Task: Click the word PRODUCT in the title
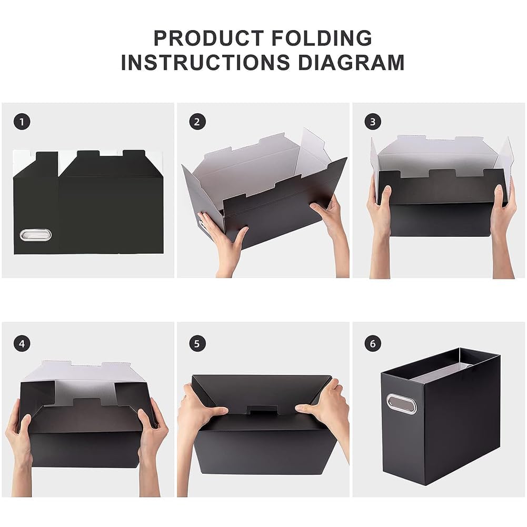pyautogui.click(x=208, y=38)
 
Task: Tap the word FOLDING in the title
pyautogui.click(x=322, y=38)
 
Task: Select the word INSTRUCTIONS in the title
pyautogui.click(x=205, y=63)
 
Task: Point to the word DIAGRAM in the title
pyautogui.click(x=351, y=63)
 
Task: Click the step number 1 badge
pyautogui.click(x=22, y=122)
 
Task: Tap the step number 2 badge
pyautogui.click(x=197, y=122)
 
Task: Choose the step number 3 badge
pyautogui.click(x=373, y=122)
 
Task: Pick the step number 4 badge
pyautogui.click(x=22, y=344)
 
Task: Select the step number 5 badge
pyautogui.click(x=197, y=344)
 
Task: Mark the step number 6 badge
pyautogui.click(x=373, y=344)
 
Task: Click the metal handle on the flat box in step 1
pyautogui.click(x=36, y=234)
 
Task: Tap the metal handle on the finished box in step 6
pyautogui.click(x=401, y=404)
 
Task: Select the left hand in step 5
pyautogui.click(x=198, y=437)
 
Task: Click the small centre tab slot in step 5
pyautogui.click(x=262, y=410)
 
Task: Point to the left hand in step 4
pyautogui.click(x=20, y=444)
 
